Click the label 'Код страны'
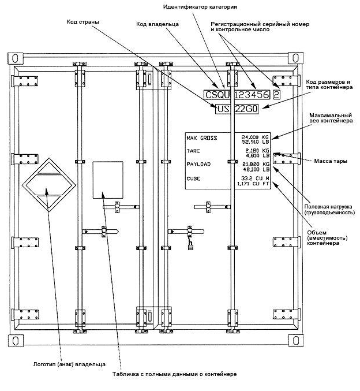82,22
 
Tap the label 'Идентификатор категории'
200,7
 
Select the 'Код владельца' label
157,24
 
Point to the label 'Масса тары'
331,161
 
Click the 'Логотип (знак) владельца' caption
69,364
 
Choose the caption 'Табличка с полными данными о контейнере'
174,374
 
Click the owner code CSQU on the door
217,95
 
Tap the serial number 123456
252,95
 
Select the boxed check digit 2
276,95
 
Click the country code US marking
223,109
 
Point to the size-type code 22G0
246,109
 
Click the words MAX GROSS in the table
202,138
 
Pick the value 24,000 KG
255,137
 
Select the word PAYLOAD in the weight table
198,164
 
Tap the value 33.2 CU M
255,178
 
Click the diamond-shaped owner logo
49,185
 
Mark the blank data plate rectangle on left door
108,180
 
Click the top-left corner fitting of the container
16,58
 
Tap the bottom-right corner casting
296,340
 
